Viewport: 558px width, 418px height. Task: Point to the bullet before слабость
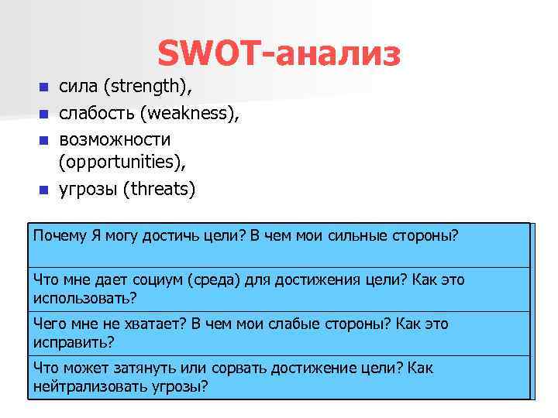[x=44, y=115]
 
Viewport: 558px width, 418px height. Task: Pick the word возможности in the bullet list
[x=115, y=139]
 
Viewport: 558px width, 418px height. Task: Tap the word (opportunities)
[x=123, y=163]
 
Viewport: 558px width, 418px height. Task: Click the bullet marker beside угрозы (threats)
[x=44, y=190]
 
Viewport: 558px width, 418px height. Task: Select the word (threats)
[x=160, y=189]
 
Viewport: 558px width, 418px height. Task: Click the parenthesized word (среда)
[x=212, y=279]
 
